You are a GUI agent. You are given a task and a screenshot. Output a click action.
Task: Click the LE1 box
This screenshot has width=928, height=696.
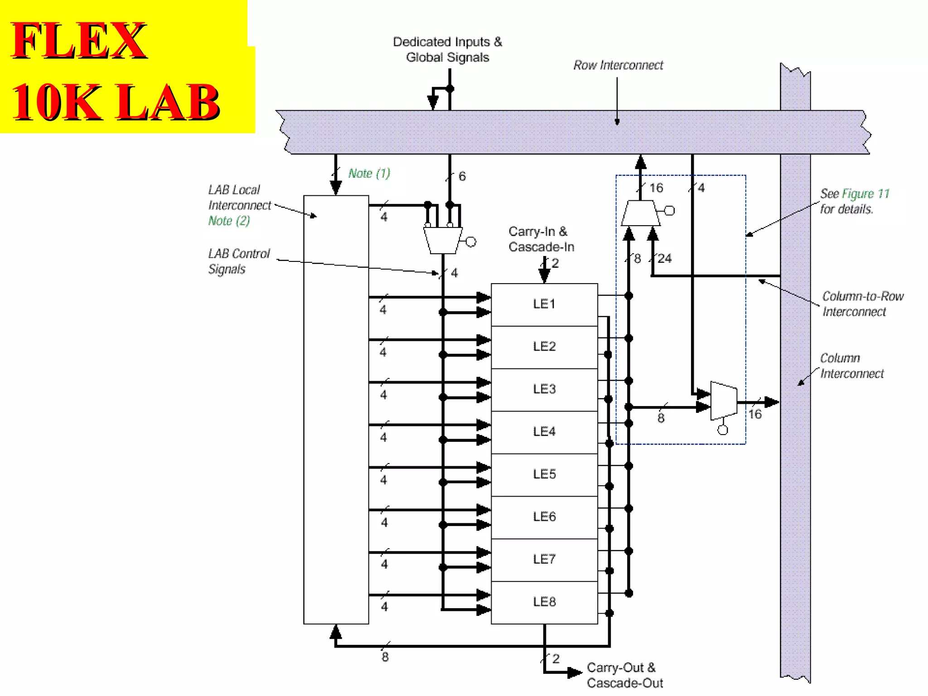(x=544, y=304)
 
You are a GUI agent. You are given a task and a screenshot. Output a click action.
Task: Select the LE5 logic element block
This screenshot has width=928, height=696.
(x=544, y=474)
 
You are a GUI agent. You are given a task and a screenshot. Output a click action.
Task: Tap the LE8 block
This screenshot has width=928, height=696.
(x=544, y=602)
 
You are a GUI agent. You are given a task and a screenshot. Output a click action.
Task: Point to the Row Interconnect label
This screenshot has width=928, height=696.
(x=618, y=65)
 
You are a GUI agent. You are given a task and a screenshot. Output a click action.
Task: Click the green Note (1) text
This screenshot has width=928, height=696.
(x=369, y=174)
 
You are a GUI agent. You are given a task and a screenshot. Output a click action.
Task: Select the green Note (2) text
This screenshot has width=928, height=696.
(x=229, y=221)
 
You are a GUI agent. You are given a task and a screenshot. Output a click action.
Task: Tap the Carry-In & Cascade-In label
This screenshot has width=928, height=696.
(x=541, y=239)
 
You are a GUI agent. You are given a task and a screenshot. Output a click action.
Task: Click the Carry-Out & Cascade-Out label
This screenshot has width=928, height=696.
(x=624, y=675)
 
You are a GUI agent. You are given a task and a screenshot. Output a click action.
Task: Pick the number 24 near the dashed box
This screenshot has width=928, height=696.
(x=664, y=259)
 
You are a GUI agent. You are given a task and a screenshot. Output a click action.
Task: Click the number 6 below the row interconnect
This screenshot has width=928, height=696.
(x=462, y=176)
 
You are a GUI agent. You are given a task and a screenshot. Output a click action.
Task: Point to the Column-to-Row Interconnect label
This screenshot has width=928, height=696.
(x=862, y=304)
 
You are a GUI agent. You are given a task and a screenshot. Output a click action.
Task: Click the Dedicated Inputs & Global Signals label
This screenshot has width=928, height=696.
(x=447, y=49)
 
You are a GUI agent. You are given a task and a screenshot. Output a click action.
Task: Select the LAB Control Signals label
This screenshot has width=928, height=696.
(x=238, y=261)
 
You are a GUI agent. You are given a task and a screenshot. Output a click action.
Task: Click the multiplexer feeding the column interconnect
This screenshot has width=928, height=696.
(x=723, y=401)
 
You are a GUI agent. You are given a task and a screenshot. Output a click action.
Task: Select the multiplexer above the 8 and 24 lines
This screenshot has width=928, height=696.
(x=640, y=213)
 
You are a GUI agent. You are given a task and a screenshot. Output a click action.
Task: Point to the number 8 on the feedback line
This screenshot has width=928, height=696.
(x=385, y=657)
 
